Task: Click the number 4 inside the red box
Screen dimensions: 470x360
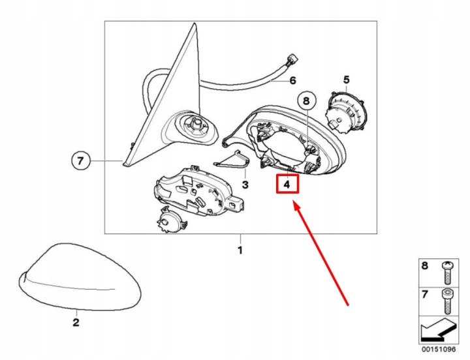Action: (287, 185)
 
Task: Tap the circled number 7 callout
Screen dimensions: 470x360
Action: (81, 161)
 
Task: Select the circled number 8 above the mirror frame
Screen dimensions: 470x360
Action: (305, 100)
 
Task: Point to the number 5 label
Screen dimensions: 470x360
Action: (346, 80)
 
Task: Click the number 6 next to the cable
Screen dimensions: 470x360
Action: (292, 80)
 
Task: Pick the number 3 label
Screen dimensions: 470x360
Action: (245, 185)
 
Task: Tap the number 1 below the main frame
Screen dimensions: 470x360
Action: (240, 250)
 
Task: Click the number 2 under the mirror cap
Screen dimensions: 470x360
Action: (76, 322)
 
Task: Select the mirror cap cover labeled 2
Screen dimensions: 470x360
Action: (80, 277)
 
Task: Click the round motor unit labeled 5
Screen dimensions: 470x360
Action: (346, 111)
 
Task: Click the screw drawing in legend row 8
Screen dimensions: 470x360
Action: (448, 273)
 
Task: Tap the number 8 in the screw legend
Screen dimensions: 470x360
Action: (425, 265)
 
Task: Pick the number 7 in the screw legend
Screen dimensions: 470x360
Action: (425, 294)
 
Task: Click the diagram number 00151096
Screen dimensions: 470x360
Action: (439, 349)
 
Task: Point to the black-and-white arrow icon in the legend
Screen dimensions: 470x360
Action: (439, 330)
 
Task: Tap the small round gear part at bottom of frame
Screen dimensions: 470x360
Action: (171, 220)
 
